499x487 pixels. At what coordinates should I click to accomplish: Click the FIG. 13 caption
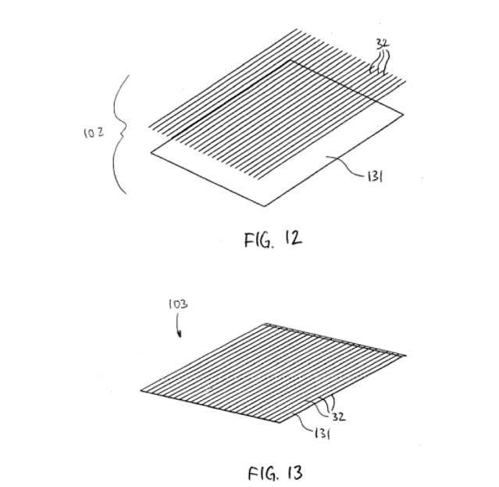[x=276, y=473]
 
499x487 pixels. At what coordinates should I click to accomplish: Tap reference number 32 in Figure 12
[x=382, y=44]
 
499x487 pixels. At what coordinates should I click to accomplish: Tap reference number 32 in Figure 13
[x=338, y=417]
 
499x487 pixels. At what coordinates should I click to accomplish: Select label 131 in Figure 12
[x=375, y=177]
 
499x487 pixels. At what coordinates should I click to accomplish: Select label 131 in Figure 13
[x=322, y=434]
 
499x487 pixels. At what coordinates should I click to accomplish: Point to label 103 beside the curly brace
[x=94, y=133]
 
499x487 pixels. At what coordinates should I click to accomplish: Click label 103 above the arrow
[x=178, y=305]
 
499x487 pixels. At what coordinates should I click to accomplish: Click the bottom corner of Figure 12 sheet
[x=265, y=206]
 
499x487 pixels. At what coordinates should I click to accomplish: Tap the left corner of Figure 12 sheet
[x=151, y=153]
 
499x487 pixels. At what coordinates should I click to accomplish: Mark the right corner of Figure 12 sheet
[x=403, y=114]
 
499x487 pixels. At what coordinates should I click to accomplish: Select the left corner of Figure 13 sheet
[x=141, y=391]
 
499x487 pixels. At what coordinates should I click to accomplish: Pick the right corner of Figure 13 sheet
[x=406, y=355]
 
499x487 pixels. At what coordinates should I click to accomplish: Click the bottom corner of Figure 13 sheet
[x=280, y=422]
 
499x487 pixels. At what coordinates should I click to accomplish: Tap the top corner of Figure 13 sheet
[x=265, y=324]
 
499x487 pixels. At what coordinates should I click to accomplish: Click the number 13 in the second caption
[x=295, y=473]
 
